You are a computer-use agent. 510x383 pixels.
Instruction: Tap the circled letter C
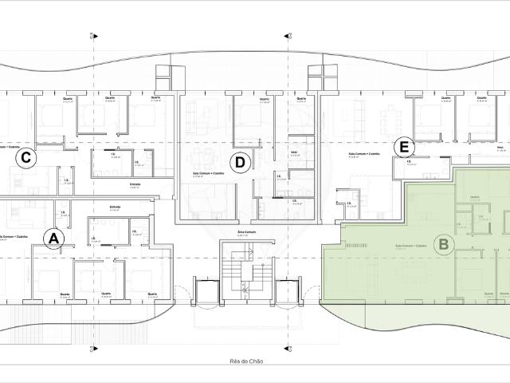pos(26,158)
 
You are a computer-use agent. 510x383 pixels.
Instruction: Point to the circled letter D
pos(239,164)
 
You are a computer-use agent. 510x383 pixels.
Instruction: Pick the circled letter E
pos(405,148)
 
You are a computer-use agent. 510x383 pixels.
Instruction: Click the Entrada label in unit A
pos(114,207)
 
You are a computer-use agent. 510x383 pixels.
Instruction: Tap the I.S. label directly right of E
pos(408,163)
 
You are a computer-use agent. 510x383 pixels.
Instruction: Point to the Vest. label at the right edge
pos(500,148)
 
